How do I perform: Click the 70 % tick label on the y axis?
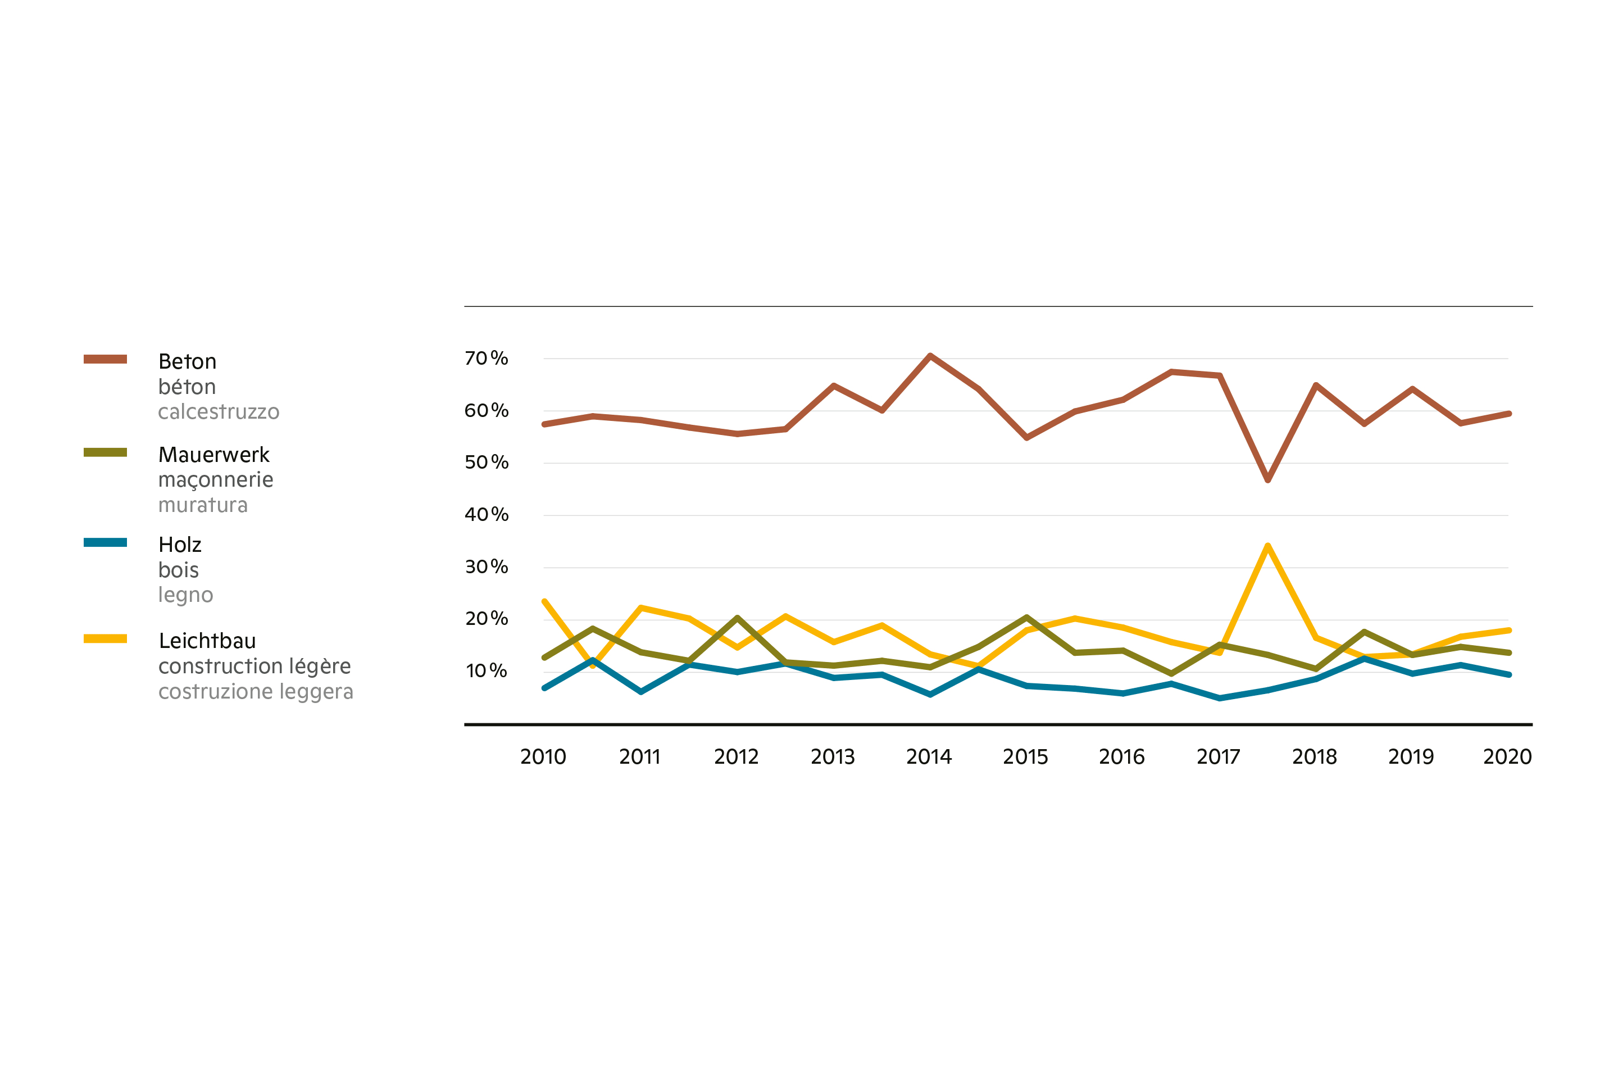[x=487, y=359]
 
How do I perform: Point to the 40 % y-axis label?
[x=487, y=515]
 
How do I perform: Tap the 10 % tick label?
[x=487, y=671]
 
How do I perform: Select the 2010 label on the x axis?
[x=543, y=757]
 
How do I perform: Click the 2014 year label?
[x=929, y=757]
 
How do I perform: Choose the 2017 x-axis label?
[x=1219, y=757]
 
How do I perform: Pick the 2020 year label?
[x=1507, y=757]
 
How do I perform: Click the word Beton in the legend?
[x=187, y=362]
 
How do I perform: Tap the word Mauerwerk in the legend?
[x=214, y=455]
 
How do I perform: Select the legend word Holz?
[x=180, y=545]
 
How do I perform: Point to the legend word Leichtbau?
[x=207, y=641]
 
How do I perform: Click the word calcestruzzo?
[x=219, y=412]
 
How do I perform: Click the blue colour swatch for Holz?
[x=105, y=542]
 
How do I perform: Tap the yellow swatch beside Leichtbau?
[x=105, y=638]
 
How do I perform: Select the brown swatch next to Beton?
[x=105, y=359]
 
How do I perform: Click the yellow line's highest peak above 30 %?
[x=1267, y=546]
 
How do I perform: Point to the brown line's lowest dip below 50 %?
[x=1267, y=480]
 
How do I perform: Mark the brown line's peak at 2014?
[x=930, y=356]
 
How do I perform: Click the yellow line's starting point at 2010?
[x=544, y=601]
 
